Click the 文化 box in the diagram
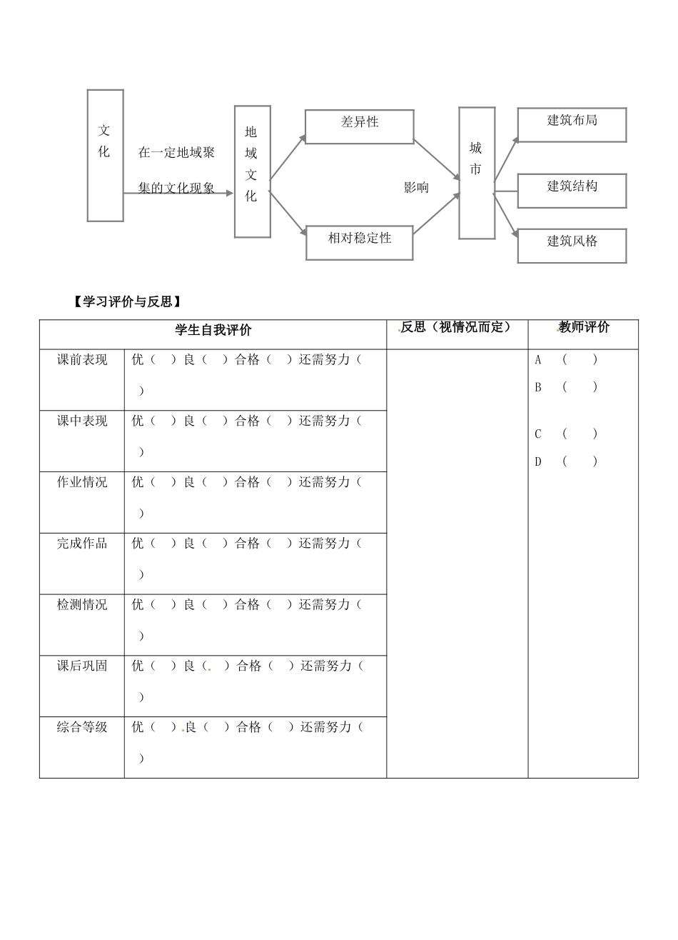click(105, 155)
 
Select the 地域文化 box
click(252, 171)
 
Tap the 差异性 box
click(359, 126)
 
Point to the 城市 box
click(476, 173)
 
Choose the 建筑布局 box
click(572, 125)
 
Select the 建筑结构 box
click(572, 191)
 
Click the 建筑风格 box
click(572, 246)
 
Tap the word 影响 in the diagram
click(416, 188)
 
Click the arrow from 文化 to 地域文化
click(178, 193)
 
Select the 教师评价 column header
click(584, 328)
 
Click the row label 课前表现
click(82, 360)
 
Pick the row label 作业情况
click(82, 482)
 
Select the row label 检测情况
click(82, 604)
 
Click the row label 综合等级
click(82, 727)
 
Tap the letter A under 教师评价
click(538, 360)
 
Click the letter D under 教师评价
click(538, 461)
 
